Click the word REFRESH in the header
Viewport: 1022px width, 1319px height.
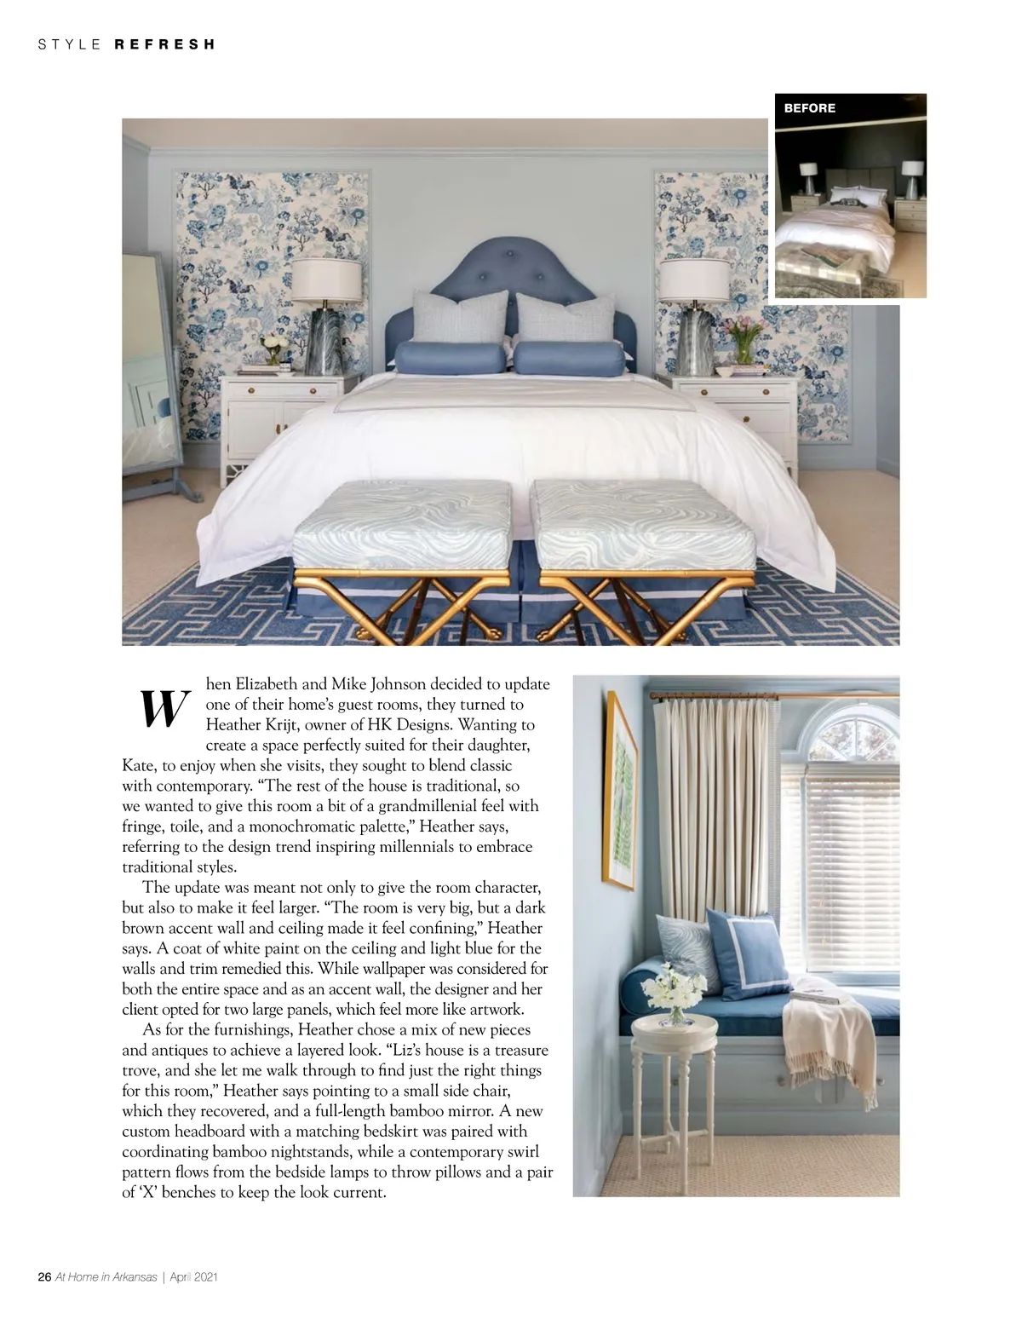coord(164,44)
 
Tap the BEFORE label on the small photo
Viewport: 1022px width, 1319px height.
coord(809,108)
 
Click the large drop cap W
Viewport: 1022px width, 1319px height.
coord(163,708)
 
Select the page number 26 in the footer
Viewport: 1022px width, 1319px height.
coord(45,1277)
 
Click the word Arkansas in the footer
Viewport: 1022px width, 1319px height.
coord(134,1277)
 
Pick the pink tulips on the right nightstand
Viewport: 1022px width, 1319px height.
coord(743,331)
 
